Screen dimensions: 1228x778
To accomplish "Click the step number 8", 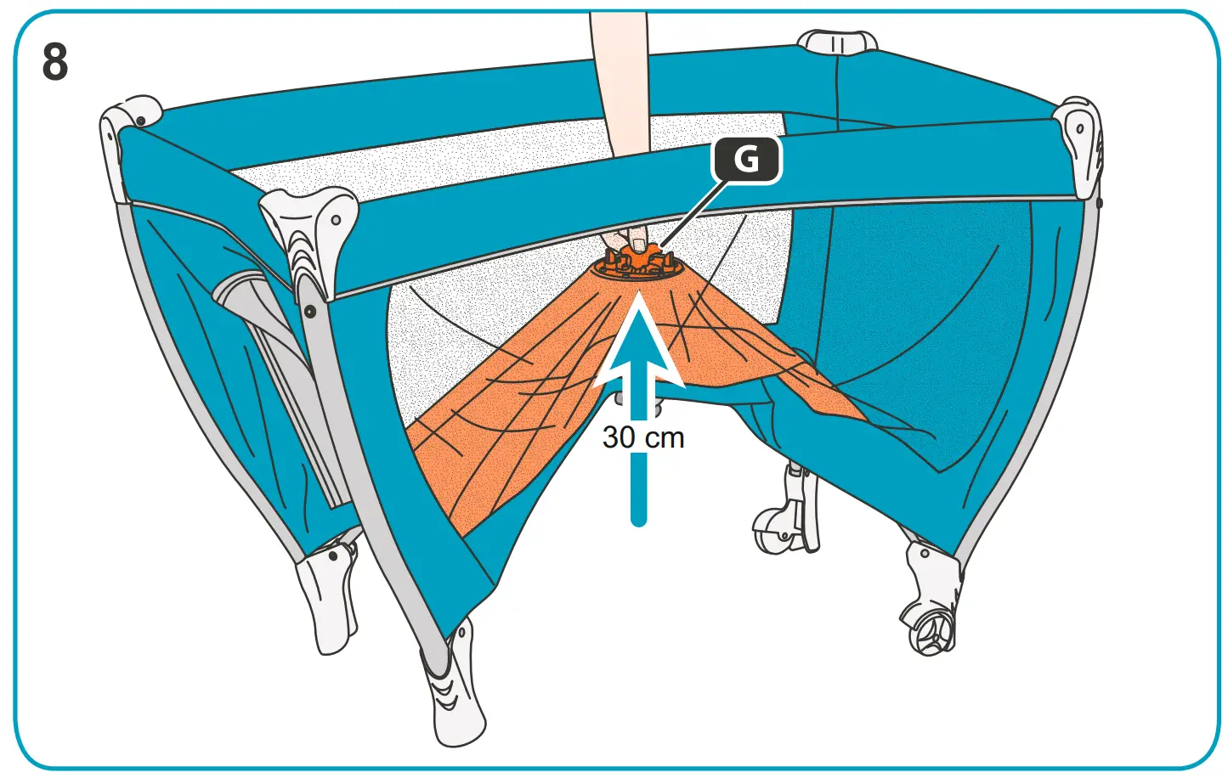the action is point(55,63).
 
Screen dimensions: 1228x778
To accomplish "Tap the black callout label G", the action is point(746,159).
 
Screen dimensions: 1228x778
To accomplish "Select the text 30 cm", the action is point(643,437).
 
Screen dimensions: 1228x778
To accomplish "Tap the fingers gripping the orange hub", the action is point(625,237).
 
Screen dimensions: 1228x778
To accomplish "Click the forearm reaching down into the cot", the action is point(620,85).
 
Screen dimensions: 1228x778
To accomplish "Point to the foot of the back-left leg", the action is point(327,595).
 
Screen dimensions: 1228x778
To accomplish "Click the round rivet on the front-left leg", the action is point(310,312).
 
